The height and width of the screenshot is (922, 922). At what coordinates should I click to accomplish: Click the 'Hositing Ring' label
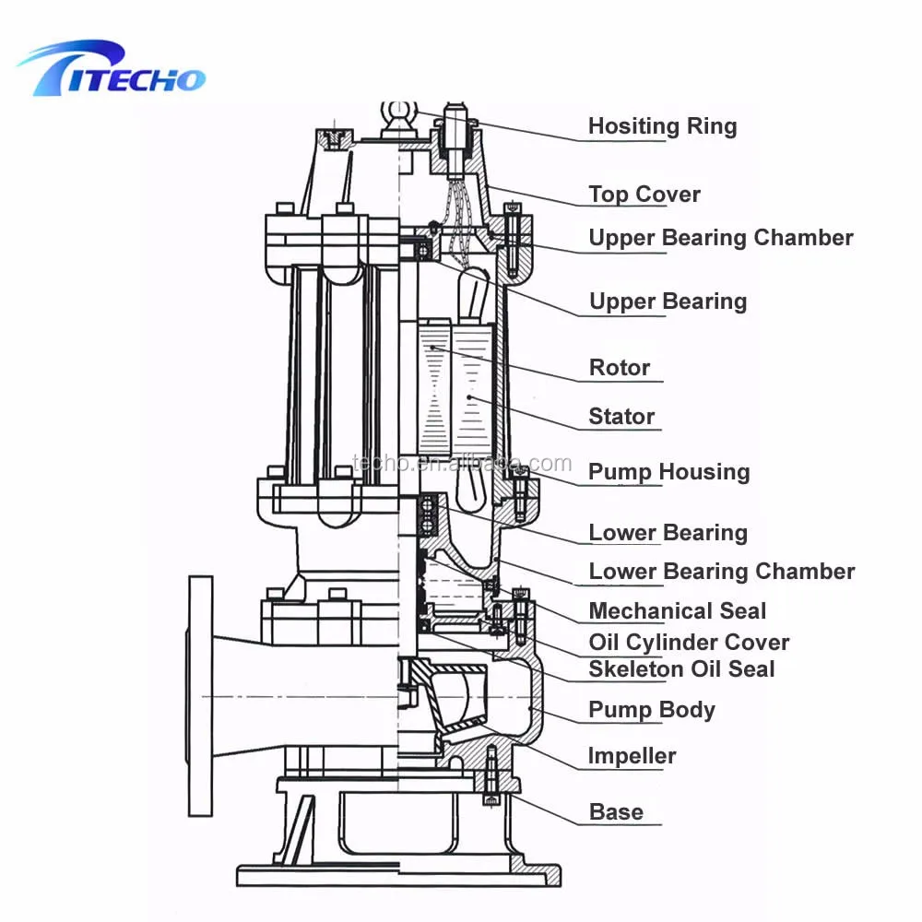[x=662, y=126]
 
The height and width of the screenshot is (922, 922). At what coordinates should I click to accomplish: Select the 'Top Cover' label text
[x=644, y=195]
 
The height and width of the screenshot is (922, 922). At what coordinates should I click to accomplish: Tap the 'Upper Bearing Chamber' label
[x=720, y=238]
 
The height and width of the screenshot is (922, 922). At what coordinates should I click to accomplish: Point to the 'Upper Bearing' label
[x=668, y=301]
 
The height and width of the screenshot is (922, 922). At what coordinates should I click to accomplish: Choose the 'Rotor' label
[x=620, y=368]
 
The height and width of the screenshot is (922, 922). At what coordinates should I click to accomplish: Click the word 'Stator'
[x=621, y=417]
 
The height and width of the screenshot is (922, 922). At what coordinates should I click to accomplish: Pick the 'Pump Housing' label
[x=668, y=472]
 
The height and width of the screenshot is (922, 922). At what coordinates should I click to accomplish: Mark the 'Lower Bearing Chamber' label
[x=721, y=572]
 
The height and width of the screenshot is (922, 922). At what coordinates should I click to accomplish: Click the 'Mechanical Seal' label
[x=677, y=611]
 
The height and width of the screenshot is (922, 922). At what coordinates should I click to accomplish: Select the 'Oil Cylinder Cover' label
[x=689, y=643]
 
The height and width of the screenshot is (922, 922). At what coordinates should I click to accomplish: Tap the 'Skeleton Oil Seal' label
[x=681, y=669]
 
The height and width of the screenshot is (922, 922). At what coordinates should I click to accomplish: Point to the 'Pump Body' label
[x=651, y=710]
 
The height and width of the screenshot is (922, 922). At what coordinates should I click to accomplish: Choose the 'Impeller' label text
[x=632, y=757]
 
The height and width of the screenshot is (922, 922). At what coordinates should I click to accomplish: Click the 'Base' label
[x=616, y=812]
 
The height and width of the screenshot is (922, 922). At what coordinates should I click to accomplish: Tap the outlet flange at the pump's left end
[x=200, y=696]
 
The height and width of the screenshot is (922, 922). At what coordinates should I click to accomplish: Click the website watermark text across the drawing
[x=461, y=464]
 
